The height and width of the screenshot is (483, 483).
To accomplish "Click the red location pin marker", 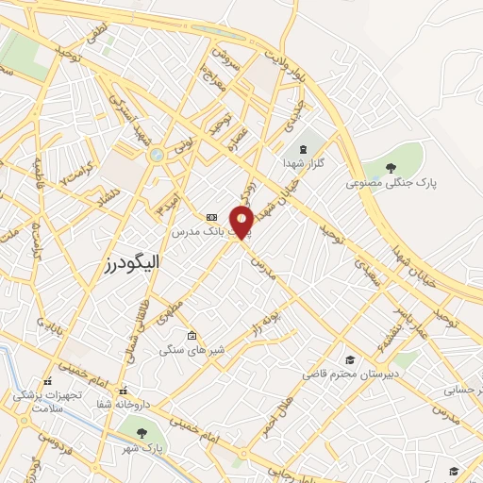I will (241, 222).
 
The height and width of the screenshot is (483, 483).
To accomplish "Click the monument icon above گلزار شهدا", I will (305, 149).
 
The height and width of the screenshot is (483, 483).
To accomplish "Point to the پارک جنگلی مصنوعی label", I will (392, 182).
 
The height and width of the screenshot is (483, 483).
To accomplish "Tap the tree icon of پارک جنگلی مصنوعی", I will (391, 166).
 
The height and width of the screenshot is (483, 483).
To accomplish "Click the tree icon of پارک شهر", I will (142, 433).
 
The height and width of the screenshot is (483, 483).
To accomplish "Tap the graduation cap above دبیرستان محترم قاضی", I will (350, 359).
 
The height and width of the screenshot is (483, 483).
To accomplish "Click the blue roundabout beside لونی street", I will (157, 154).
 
